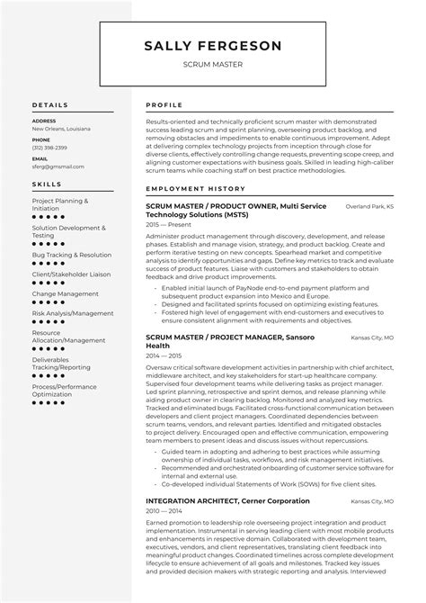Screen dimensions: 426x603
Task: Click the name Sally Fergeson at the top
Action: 213,46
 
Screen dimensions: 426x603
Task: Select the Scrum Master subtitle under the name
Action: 213,65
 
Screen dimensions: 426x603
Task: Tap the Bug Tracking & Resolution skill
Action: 72,255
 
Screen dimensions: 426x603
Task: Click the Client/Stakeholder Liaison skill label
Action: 71,274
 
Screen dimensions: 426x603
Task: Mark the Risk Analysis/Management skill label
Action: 73,312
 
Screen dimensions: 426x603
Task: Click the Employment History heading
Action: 195,189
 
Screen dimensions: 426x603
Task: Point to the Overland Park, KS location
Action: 369,207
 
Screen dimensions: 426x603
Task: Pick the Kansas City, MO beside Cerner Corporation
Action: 372,500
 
